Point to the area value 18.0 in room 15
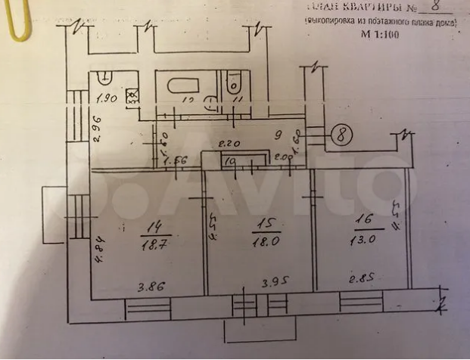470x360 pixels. (264, 241)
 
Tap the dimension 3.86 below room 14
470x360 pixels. (151, 286)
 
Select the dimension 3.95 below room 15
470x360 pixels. (276, 285)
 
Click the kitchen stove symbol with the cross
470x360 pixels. (132, 95)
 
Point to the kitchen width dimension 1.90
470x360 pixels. (109, 98)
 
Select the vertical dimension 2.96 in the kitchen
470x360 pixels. (98, 126)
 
